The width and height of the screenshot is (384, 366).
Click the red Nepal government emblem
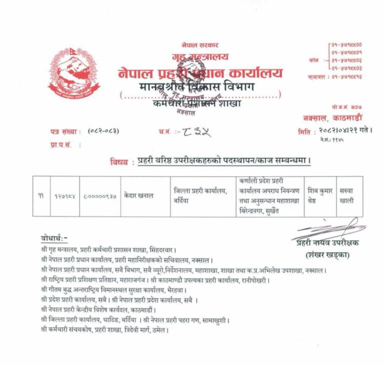pos(74,74)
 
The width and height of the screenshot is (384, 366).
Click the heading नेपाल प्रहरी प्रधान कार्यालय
pos(200,73)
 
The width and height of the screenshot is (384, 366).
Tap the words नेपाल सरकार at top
pos(200,45)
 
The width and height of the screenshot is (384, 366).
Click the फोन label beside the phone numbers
pos(314,60)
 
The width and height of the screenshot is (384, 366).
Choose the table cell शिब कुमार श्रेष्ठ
pos(319,195)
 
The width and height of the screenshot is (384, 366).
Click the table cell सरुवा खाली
pos(348,195)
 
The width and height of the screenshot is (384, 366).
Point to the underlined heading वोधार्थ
pos(55,237)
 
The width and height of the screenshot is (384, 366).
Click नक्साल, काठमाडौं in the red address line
pos(337,118)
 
